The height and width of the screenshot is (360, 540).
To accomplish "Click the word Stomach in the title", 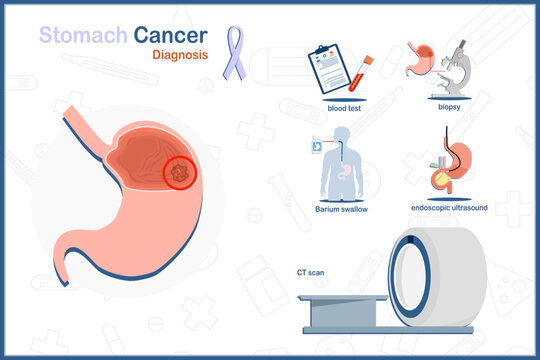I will click(82, 36).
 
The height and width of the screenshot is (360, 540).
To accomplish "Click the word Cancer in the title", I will click(170, 36).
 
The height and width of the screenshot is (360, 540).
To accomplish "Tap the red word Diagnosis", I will click(181, 56).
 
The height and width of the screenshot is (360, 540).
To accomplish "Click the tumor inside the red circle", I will click(180, 173).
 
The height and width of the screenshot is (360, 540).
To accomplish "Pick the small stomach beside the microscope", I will click(421, 59).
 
